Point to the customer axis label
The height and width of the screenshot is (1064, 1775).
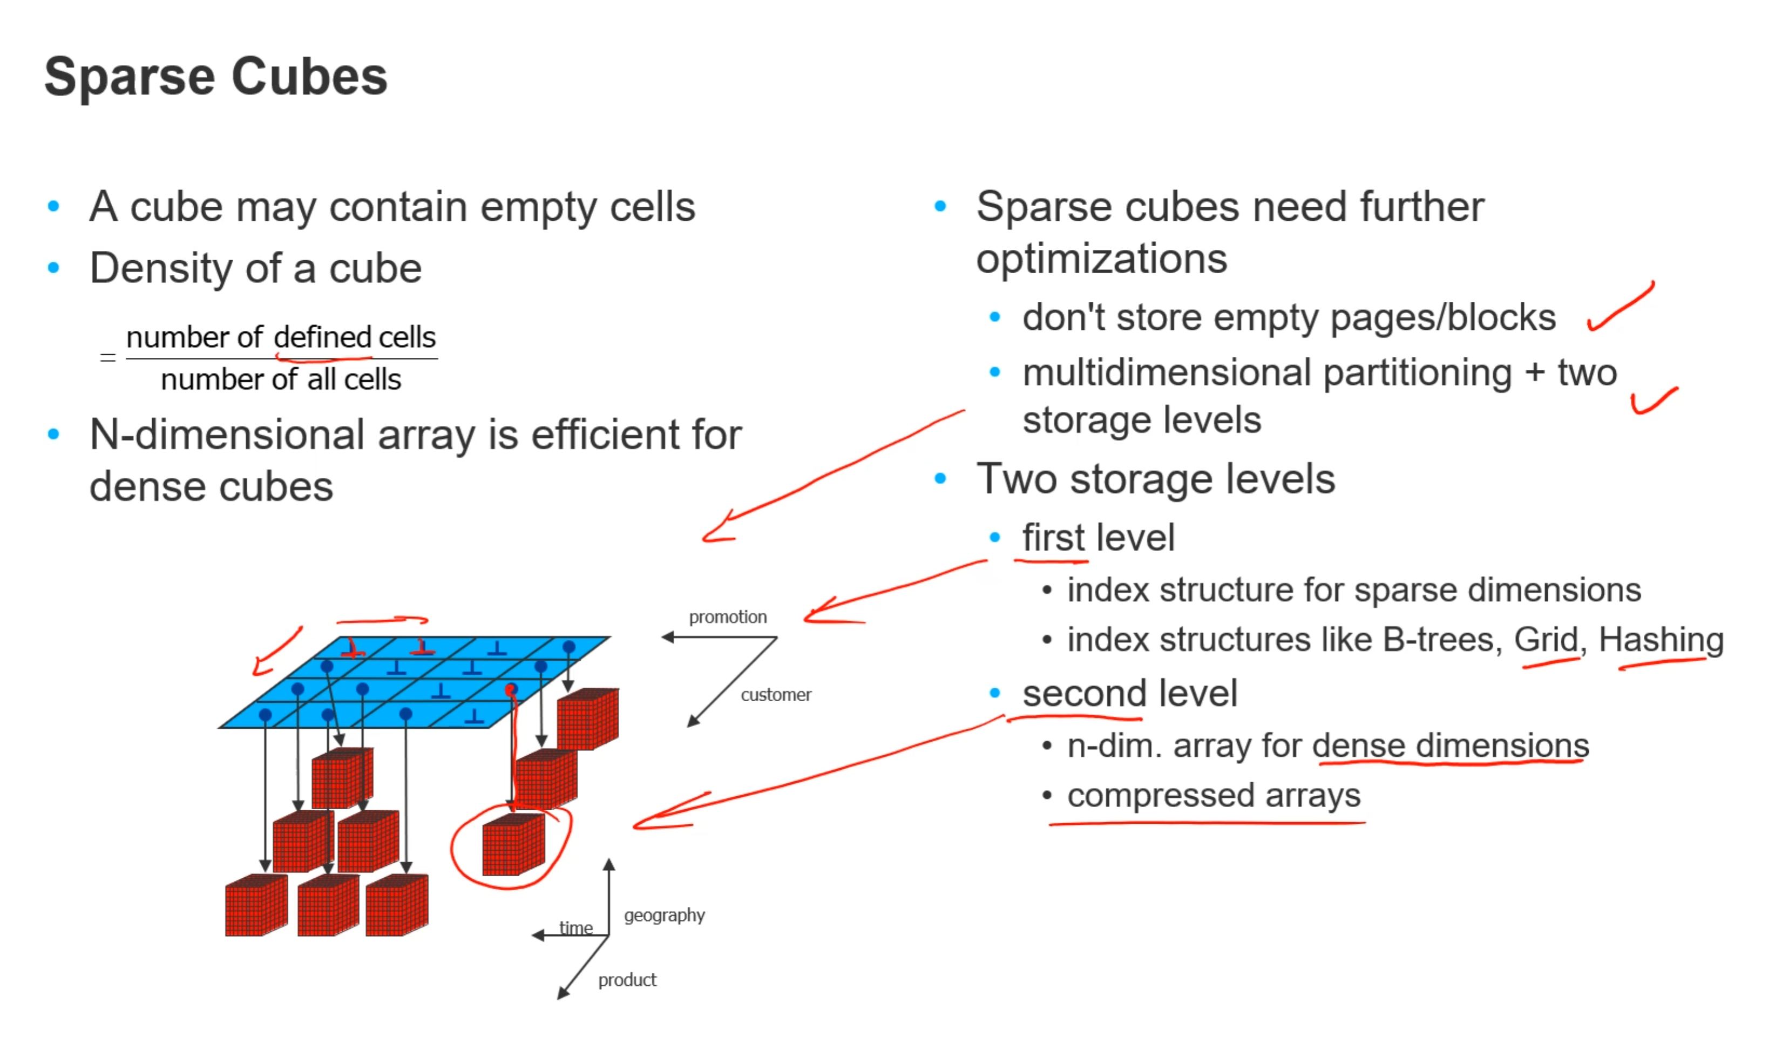point(776,694)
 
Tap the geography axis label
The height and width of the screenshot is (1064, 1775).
point(664,915)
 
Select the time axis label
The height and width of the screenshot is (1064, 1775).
point(575,928)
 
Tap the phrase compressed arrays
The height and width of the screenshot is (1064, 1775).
point(1213,796)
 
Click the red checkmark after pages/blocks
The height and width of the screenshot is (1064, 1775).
point(1620,307)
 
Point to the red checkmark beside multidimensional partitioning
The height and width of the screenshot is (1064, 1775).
point(1652,400)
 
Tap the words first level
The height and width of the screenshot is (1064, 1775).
point(1098,538)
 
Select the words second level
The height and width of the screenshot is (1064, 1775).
point(1130,693)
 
